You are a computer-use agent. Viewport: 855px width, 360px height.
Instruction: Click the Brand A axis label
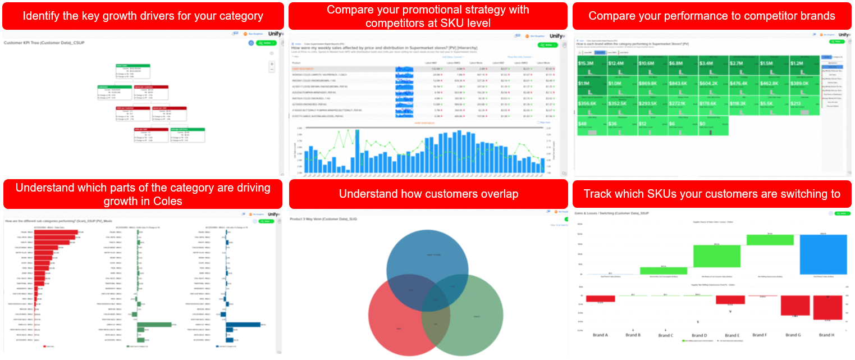tap(600, 335)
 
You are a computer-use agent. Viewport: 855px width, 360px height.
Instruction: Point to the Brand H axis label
tap(826, 335)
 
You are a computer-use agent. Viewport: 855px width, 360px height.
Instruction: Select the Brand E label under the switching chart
tap(732, 335)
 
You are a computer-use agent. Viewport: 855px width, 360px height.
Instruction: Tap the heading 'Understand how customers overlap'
tap(428, 194)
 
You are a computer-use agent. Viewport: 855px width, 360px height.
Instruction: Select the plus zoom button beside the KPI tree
tap(272, 64)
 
